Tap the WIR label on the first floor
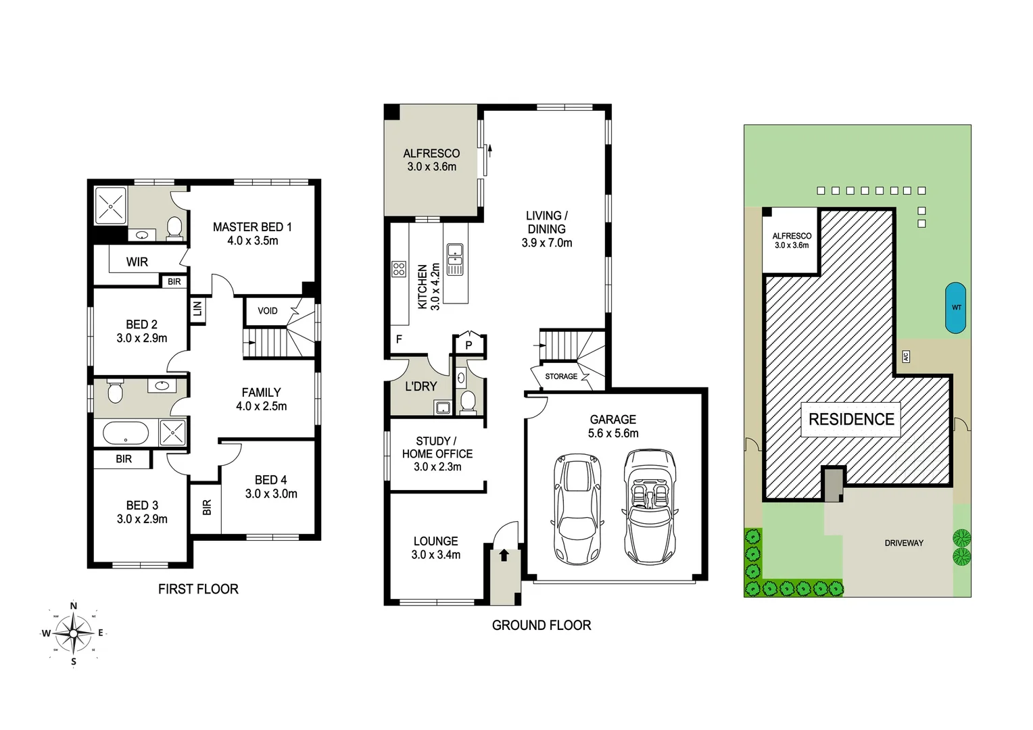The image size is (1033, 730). [137, 262]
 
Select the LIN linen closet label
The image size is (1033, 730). [197, 309]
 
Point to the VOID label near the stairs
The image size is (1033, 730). [268, 311]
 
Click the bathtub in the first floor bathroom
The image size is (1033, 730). [126, 433]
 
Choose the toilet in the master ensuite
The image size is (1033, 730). [174, 227]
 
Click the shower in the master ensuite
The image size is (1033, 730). [111, 205]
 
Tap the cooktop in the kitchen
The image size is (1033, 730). [399, 270]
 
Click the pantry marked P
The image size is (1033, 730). [469, 345]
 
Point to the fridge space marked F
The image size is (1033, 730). [399, 339]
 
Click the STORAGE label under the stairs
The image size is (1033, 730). [561, 376]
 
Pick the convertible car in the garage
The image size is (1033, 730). [650, 507]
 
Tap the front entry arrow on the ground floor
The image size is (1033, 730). [504, 556]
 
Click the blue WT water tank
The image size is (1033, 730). [956, 308]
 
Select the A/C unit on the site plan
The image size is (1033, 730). [906, 356]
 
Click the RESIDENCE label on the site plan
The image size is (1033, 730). [851, 419]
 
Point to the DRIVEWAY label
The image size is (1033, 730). [904, 543]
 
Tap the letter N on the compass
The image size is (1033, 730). [74, 606]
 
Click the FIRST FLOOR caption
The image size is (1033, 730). [198, 589]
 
